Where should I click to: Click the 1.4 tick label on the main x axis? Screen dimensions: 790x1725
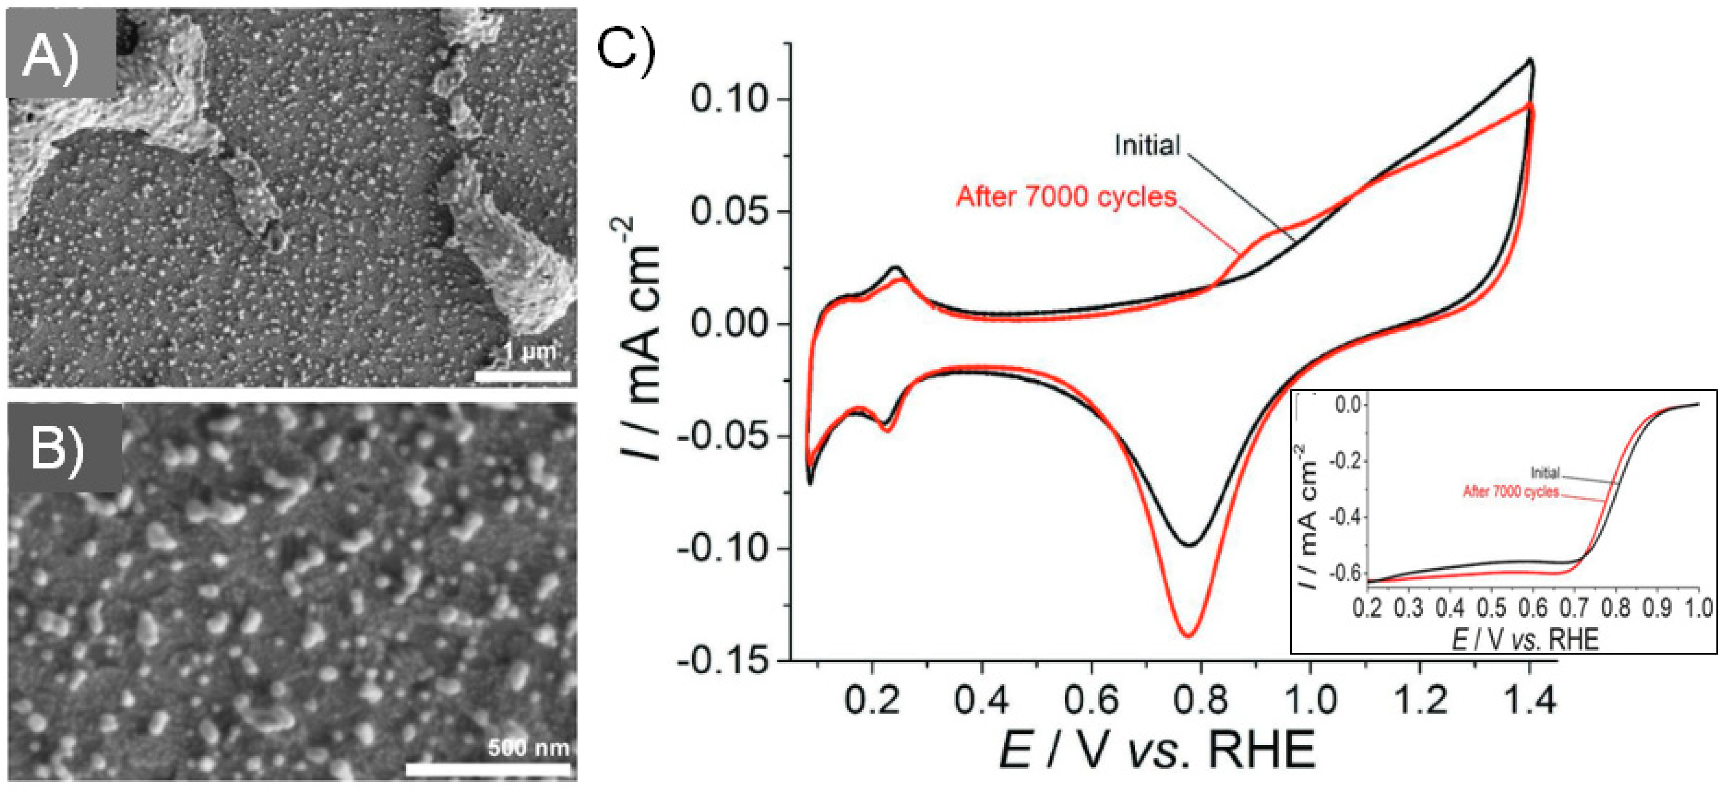1530,700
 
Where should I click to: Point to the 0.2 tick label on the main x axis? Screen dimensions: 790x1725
871,700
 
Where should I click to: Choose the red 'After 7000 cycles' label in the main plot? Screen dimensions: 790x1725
1066,197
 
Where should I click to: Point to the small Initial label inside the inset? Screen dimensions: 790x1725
1545,473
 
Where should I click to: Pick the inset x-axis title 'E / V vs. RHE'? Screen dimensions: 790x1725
1525,639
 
